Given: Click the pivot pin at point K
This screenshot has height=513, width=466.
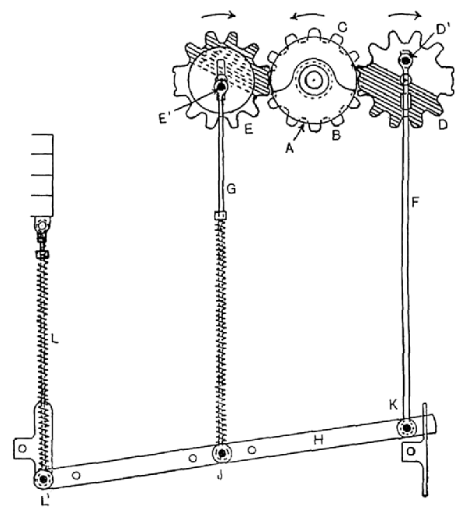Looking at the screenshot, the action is (407, 427).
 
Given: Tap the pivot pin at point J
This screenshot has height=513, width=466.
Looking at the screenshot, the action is (222, 453).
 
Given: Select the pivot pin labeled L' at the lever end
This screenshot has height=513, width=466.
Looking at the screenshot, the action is (43, 479).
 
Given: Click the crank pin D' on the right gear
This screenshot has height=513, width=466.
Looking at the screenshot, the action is (406, 60).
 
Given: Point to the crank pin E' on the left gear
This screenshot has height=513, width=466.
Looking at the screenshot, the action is (221, 86).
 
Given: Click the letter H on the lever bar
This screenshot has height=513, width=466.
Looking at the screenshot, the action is (318, 440).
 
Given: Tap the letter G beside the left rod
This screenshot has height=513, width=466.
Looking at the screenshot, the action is (231, 189).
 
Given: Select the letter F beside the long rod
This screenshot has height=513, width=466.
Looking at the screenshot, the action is (415, 203).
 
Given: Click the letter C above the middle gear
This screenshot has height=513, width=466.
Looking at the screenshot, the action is (342, 27).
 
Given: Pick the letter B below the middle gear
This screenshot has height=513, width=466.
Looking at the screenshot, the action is (336, 134).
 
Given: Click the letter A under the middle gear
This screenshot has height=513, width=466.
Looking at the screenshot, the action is (290, 149).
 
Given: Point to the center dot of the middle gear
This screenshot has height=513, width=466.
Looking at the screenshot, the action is (313, 79).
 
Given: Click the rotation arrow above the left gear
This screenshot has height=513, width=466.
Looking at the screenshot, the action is (218, 14).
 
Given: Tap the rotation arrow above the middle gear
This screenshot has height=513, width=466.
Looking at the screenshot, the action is (308, 16).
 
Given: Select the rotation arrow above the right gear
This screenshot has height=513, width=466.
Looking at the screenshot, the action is (405, 14).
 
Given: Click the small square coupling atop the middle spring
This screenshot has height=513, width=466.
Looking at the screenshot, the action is (221, 215).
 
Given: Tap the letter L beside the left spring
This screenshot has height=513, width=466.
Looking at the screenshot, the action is (55, 339).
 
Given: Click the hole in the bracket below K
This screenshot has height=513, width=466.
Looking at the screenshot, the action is (411, 452).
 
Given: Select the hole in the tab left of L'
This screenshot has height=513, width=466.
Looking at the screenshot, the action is (22, 448).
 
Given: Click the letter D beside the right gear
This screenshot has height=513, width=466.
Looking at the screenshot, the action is (443, 124).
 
